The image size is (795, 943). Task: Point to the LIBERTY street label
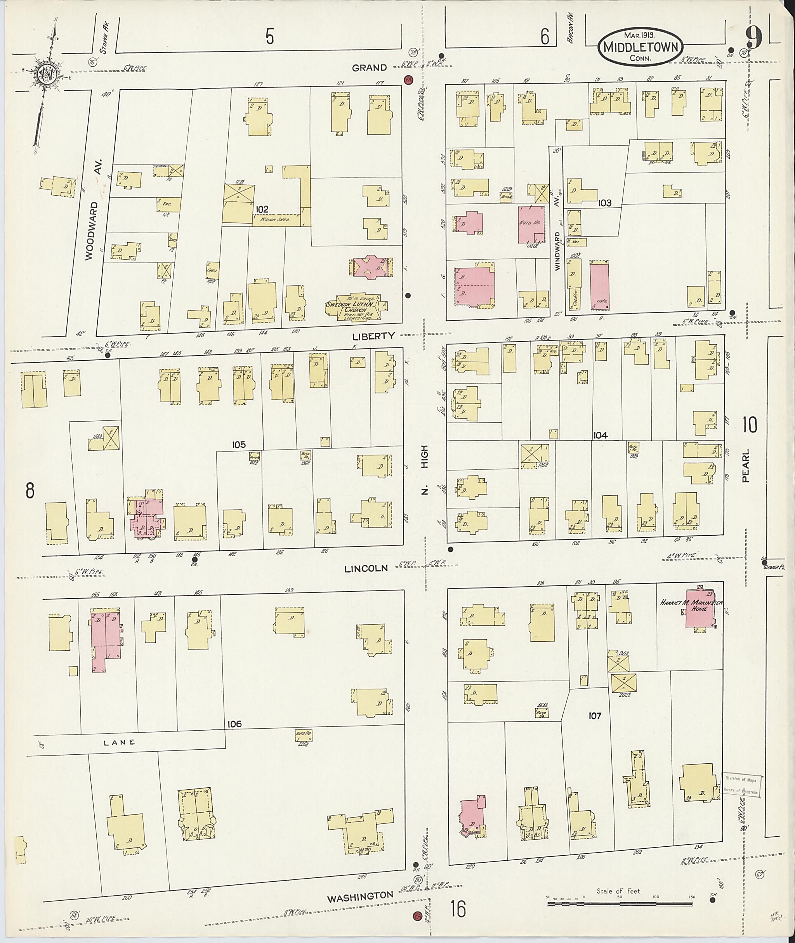[373, 335]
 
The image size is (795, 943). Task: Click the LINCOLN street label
[366, 568]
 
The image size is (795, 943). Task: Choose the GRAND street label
[370, 68]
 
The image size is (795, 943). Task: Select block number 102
[262, 209]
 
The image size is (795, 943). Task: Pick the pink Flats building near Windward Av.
[599, 286]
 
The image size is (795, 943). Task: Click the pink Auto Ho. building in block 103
[531, 224]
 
